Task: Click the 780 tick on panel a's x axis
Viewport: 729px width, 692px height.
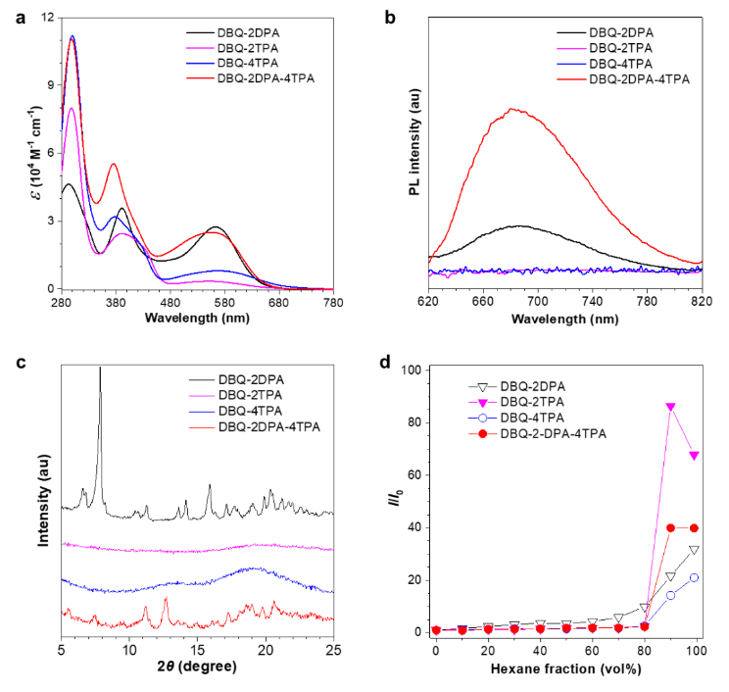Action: [334, 304]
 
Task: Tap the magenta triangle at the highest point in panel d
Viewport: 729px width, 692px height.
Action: [671, 407]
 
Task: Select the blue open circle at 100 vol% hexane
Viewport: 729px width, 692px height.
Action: [695, 577]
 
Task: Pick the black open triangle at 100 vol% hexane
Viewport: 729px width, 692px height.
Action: [695, 550]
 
